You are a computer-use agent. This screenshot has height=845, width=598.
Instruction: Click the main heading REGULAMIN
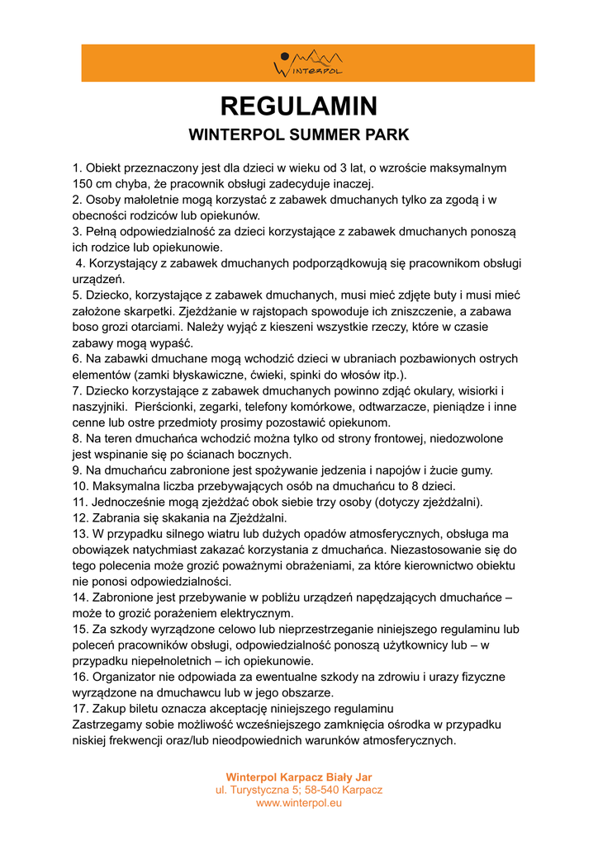pyautogui.click(x=299, y=106)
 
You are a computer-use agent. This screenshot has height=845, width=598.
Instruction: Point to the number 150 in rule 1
pyautogui.click(x=83, y=183)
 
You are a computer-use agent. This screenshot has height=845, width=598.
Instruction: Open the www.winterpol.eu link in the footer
pyautogui.click(x=299, y=803)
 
